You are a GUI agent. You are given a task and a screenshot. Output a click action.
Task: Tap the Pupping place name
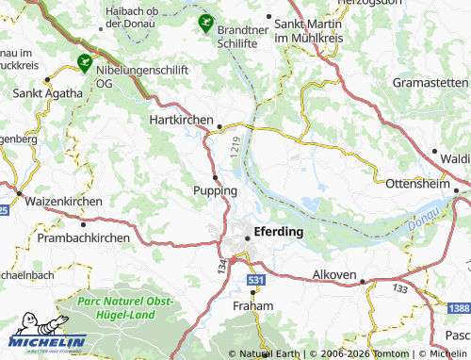coord(215,190)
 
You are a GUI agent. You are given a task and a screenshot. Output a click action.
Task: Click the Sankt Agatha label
coord(41,94)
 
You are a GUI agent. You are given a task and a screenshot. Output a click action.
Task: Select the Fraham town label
coord(252,307)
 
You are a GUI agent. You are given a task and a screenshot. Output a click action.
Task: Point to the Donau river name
coord(423,222)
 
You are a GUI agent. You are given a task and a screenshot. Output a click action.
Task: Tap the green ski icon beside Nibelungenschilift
coord(85,65)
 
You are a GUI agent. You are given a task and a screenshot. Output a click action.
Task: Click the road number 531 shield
coord(256,280)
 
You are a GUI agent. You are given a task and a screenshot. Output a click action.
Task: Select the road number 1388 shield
coord(459,309)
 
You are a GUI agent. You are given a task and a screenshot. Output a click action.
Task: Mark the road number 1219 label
coord(233,146)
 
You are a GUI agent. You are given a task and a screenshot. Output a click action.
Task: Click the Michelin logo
coord(48,341)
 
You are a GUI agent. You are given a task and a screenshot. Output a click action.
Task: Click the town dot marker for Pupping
coord(216,176)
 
